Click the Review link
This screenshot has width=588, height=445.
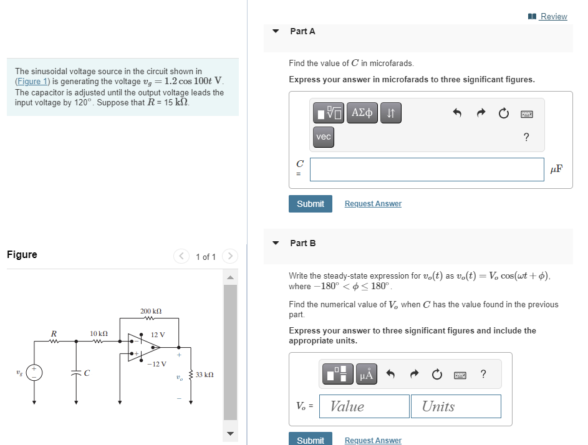[553, 16]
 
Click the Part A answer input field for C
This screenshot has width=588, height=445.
[427, 169]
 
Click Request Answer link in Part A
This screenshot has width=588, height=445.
[373, 204]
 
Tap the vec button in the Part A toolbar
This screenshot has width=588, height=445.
[324, 137]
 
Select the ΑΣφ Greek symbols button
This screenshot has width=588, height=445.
[362, 113]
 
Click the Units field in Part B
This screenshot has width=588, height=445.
[455, 406]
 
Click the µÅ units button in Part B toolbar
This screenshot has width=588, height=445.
[366, 374]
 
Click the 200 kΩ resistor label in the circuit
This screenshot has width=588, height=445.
[152, 310]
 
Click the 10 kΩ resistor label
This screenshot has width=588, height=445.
[99, 334]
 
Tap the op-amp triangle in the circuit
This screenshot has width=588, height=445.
[143, 346]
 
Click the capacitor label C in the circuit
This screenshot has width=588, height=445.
[87, 374]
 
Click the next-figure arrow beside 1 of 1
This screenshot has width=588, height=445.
[230, 256]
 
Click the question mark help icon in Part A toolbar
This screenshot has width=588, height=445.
[526, 137]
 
